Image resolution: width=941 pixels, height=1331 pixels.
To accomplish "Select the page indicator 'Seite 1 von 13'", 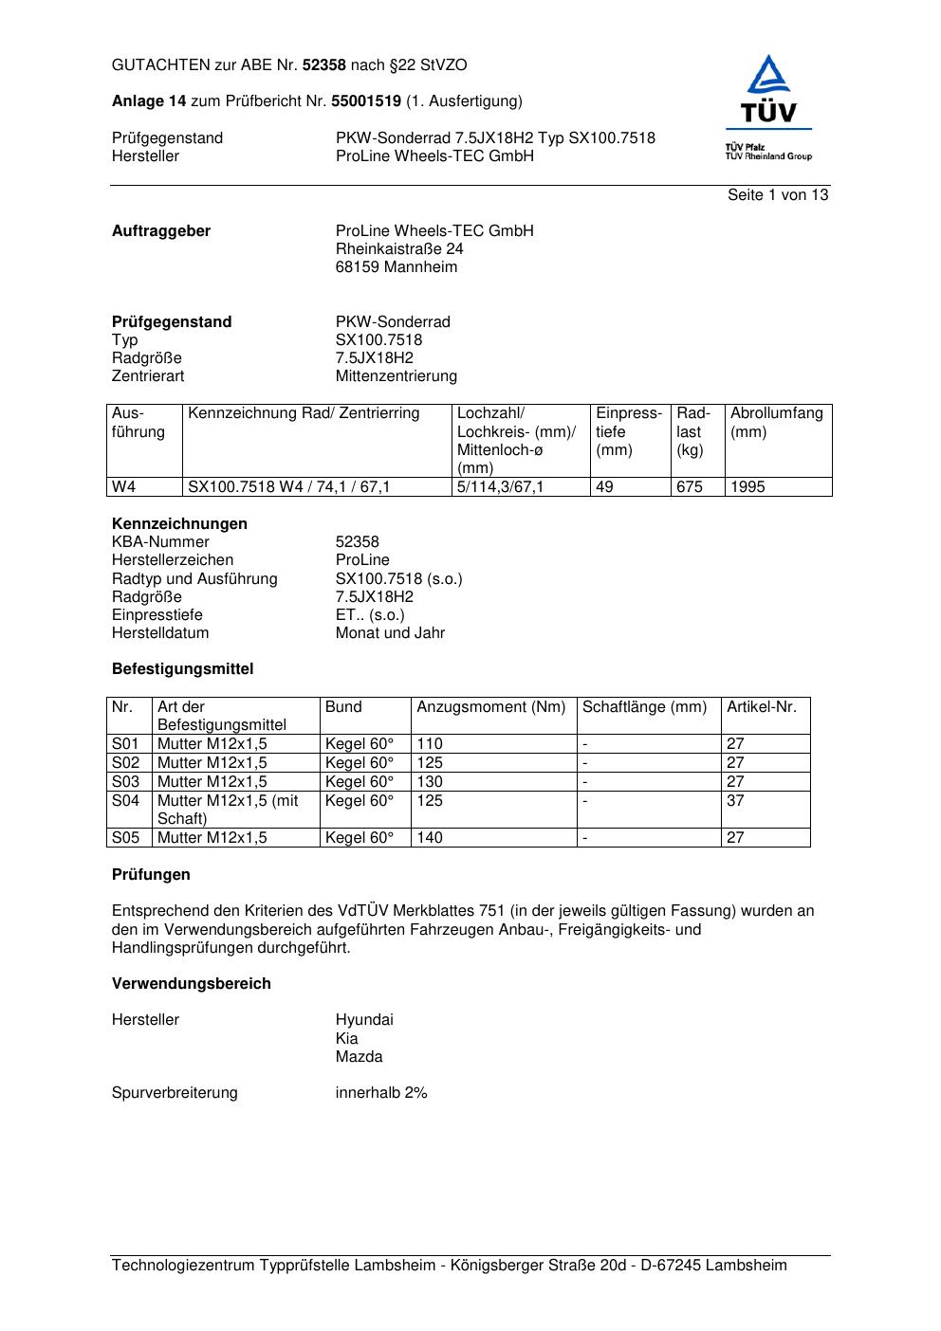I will coord(777,195).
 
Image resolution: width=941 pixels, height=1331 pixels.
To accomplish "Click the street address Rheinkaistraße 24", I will coord(399,249).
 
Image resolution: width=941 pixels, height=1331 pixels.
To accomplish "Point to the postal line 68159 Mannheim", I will coord(396,267).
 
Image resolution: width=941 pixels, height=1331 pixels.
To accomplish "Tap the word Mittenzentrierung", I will coord(396,376).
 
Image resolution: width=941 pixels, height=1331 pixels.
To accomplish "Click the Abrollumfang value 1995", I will coord(747,487).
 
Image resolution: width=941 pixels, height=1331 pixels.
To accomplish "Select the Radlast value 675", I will coord(690,487).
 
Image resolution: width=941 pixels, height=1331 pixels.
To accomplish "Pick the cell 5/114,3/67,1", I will coord(500,487).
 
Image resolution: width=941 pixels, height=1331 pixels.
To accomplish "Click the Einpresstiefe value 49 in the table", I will coord(604,487).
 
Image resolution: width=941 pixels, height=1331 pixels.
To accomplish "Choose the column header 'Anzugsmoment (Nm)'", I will coord(491,707).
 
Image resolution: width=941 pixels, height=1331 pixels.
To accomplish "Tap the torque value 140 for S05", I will coord(430,838).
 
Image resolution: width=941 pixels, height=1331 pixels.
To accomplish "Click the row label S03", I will coord(125,782).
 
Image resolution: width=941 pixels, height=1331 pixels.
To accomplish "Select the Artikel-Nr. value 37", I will coord(735,801).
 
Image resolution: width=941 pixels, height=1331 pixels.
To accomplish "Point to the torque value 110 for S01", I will coord(430,744).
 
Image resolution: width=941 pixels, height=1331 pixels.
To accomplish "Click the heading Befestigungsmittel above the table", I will coord(182,669).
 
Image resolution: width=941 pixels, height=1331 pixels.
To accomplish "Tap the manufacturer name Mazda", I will coord(359,1057).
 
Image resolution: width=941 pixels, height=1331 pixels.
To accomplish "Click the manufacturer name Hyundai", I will coord(363,1020).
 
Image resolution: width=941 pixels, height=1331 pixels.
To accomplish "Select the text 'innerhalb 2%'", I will coord(380,1093).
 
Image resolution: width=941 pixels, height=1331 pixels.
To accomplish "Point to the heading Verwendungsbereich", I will coord(191,984).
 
